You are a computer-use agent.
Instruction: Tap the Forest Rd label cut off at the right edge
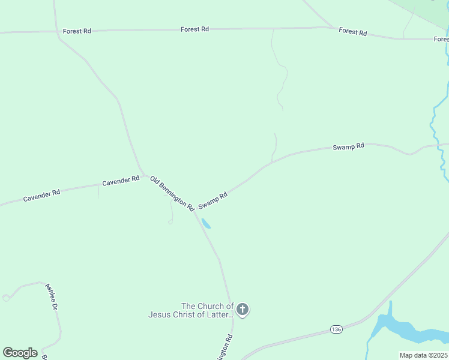441,39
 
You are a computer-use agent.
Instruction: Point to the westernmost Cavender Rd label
41,195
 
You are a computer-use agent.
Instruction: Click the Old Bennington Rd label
172,193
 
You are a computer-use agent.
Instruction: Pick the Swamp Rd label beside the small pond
213,200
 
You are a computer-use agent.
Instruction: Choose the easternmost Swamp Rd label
349,146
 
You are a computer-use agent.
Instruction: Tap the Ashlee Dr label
51,296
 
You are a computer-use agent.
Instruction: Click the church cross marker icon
242,310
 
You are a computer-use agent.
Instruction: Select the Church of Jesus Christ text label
191,310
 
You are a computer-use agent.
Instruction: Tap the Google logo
20,352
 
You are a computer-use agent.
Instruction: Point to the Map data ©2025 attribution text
424,355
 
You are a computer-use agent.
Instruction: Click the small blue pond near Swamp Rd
206,224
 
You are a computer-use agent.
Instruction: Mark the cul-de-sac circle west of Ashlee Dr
5,297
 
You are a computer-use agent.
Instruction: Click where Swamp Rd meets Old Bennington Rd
196,211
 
